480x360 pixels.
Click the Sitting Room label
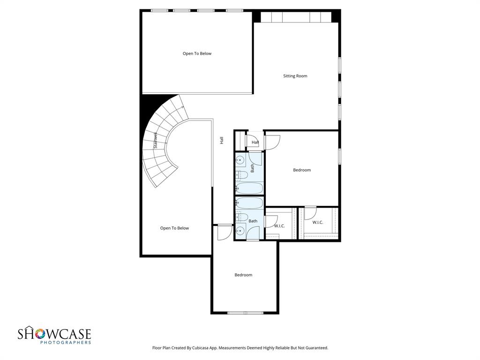(x=295, y=76)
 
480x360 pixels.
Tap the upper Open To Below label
(x=197, y=53)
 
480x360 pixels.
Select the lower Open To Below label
(x=174, y=228)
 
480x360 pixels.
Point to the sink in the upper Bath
(x=240, y=160)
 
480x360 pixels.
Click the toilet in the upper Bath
(x=241, y=175)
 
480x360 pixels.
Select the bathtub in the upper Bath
(x=249, y=188)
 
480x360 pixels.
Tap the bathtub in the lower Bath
(x=249, y=203)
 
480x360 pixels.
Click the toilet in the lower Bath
(x=241, y=217)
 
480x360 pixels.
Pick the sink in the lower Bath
(x=240, y=230)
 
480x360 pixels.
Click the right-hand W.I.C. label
(x=317, y=222)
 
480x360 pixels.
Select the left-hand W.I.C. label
(x=279, y=226)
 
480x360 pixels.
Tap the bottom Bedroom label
(x=243, y=275)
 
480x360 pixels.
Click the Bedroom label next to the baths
(x=302, y=170)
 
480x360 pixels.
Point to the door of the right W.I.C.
(x=310, y=213)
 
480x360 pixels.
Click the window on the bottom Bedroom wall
(x=245, y=313)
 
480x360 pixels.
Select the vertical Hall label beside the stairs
(x=221, y=140)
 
